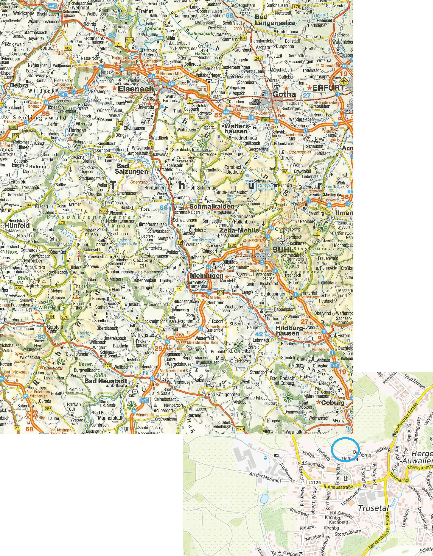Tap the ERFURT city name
click(328, 88)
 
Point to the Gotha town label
click(284, 94)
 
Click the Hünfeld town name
click(17, 225)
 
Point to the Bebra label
click(19, 86)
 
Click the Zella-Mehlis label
click(239, 230)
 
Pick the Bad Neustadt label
click(107, 381)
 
